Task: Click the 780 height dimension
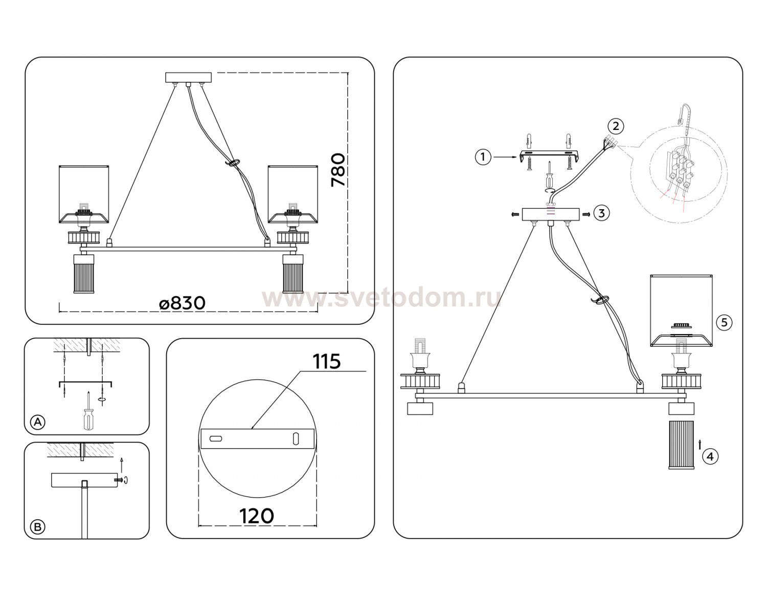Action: click(338, 170)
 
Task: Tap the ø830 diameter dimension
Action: click(182, 303)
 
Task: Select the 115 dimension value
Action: click(327, 361)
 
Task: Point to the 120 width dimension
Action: click(257, 517)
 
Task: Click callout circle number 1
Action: click(483, 157)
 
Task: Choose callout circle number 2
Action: click(616, 126)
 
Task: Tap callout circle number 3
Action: click(601, 213)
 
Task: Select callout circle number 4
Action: click(710, 457)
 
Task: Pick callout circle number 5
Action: click(724, 322)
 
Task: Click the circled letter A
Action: click(38, 422)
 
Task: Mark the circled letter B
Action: click(38, 527)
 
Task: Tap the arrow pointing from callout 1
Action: click(506, 157)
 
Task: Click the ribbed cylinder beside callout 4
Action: click(681, 445)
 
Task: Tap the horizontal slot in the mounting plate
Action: click(216, 439)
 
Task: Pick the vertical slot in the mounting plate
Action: click(296, 439)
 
